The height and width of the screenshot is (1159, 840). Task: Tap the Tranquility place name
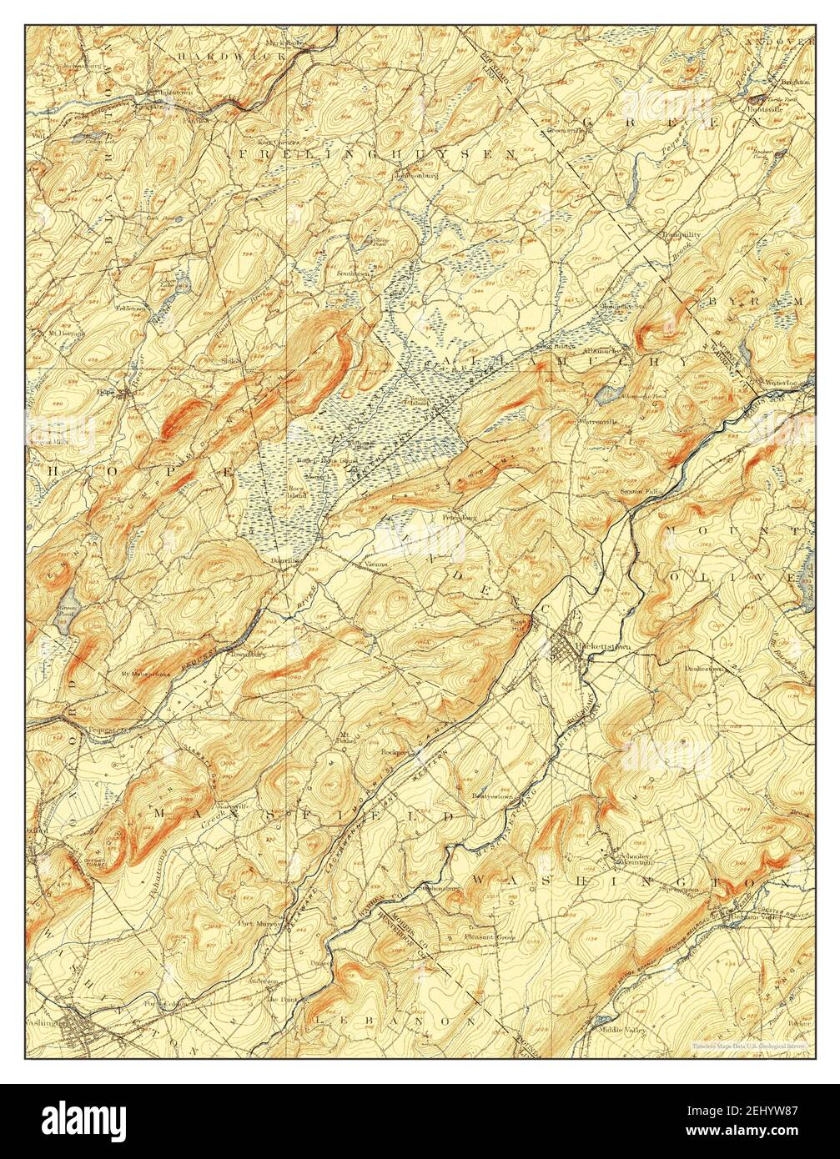(682, 234)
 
